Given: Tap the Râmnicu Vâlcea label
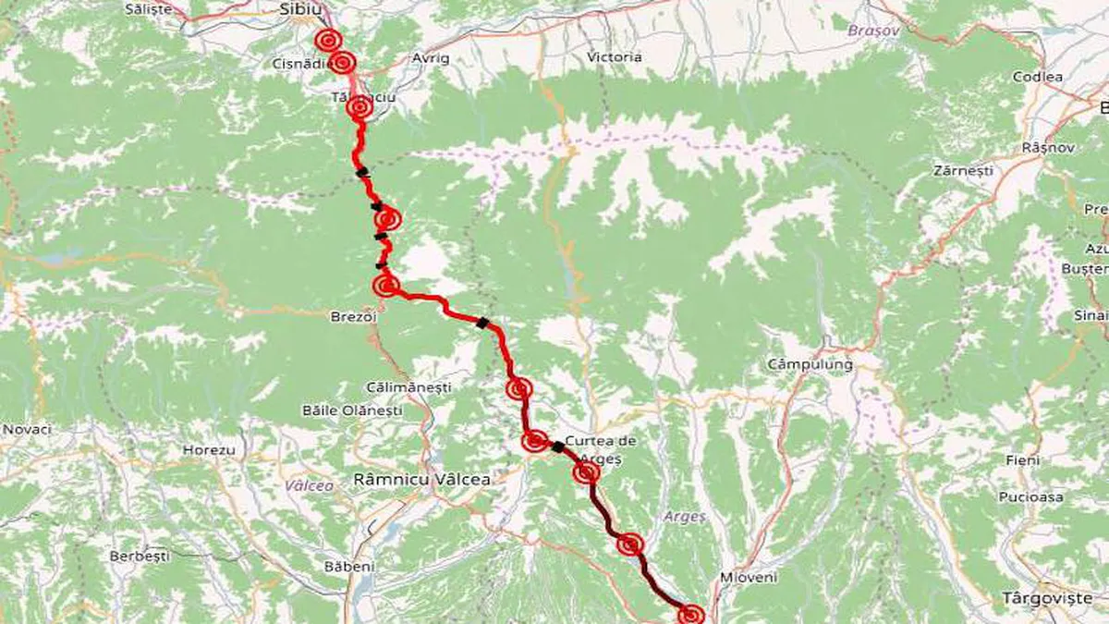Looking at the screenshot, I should pos(421,480).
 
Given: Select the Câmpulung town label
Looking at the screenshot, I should pos(810,364).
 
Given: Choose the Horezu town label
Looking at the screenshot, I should pos(209,450).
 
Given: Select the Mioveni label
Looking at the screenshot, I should pos(749,577).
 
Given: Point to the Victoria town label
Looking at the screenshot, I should pos(614,57).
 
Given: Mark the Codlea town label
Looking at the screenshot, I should pos(1038,78).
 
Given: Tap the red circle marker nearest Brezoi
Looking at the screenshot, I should pos(385,285).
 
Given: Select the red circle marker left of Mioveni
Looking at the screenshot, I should pos(690,614).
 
